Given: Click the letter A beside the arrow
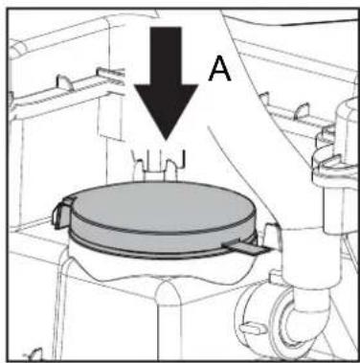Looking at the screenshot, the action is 219,69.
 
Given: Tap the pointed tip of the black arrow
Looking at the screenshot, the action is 166,140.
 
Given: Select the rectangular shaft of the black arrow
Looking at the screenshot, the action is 166,57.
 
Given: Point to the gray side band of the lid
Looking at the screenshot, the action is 160,240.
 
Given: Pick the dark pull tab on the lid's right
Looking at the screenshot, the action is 248,248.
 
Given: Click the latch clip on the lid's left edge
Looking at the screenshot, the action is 62,213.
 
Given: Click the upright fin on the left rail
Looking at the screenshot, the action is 64,82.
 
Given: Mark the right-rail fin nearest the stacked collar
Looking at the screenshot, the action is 302,111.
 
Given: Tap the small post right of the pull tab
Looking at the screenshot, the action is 271,234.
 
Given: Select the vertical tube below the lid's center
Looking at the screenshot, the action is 168,318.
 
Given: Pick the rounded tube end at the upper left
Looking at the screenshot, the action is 18,50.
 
